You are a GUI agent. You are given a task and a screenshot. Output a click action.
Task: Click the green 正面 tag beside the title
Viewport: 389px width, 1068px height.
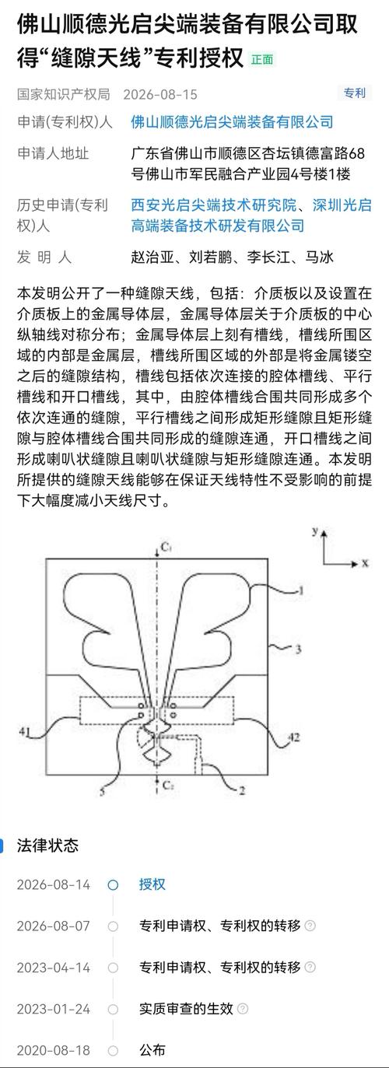[x=262, y=60]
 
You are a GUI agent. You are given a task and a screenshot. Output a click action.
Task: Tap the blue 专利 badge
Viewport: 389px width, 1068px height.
[x=355, y=93]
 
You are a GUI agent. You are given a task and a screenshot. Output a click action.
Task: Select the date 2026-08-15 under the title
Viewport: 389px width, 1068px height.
[x=160, y=94]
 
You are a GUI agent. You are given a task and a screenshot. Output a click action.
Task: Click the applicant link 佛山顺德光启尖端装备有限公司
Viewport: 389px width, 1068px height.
[x=232, y=123]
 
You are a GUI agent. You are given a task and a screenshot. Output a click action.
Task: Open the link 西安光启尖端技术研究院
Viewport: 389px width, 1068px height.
[x=214, y=205]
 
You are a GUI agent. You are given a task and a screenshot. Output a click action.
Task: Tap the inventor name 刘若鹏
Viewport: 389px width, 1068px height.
[x=210, y=257]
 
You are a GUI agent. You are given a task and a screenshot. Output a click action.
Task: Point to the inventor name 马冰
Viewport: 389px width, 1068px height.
[x=320, y=257]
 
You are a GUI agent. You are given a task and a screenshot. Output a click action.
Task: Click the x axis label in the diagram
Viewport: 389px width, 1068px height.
[x=365, y=563]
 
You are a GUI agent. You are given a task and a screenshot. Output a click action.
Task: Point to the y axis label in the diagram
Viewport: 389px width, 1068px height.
[x=315, y=530]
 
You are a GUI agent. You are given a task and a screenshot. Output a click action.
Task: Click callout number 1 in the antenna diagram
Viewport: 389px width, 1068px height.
[x=301, y=590]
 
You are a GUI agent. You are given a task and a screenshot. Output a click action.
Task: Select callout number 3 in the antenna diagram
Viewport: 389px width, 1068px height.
[x=298, y=649]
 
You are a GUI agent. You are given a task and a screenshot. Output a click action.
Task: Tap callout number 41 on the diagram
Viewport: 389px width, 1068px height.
[x=25, y=730]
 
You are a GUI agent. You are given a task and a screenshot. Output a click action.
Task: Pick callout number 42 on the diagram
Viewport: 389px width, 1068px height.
[x=294, y=737]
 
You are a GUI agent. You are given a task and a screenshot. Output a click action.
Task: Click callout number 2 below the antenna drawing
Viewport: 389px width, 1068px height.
[x=242, y=791]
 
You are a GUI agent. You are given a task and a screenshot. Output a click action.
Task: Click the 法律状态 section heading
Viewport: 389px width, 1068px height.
[x=47, y=846]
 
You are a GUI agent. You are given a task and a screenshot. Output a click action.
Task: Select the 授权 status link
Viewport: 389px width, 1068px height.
[x=152, y=884]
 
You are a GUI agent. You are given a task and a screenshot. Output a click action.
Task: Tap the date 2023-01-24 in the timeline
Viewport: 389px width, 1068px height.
[x=54, y=1009]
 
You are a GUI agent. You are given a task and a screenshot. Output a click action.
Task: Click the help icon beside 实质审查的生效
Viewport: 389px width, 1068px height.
[x=243, y=1008]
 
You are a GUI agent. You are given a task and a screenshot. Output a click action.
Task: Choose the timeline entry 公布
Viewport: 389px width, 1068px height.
[x=152, y=1050]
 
